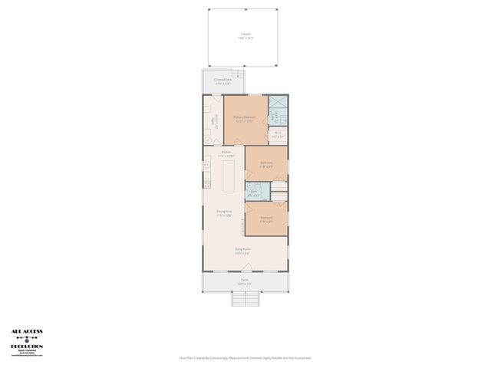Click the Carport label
point(245,34)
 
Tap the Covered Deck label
point(223,79)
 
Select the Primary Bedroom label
point(245,117)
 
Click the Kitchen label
point(226,152)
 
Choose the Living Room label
point(242,248)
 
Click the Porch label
point(245,280)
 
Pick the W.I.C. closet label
point(278,133)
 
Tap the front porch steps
point(245,299)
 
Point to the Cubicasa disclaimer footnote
point(245,357)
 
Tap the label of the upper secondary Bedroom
point(266,163)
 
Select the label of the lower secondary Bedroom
point(266,218)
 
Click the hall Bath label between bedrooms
point(254,192)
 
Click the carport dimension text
point(245,38)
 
